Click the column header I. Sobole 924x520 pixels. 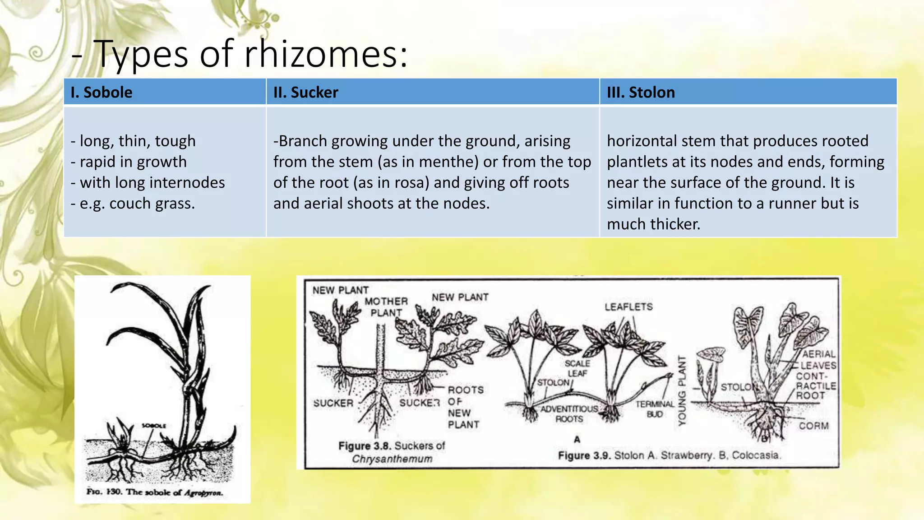102,93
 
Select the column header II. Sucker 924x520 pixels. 305,93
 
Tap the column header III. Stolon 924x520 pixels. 641,93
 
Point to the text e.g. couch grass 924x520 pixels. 133,204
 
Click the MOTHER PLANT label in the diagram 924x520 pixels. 386,307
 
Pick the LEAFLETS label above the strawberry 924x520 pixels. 628,307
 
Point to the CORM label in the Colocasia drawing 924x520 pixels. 813,426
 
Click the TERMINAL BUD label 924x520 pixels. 655,409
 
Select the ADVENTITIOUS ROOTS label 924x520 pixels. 569,414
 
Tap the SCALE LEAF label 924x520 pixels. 577,368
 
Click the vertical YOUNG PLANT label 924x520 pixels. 682,390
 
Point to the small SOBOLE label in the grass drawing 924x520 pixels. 154,426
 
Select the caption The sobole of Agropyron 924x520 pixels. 155,492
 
